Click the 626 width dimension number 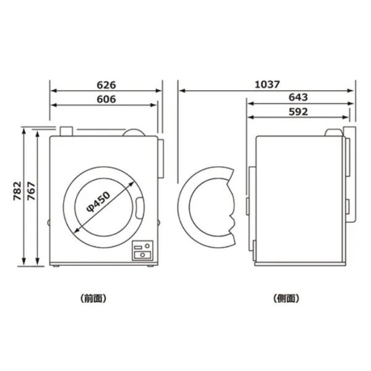[x=106, y=85]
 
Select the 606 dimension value [x=106, y=99]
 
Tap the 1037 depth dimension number [x=267, y=85]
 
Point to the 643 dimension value [x=298, y=97]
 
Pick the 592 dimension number [x=299, y=112]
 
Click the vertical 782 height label [x=17, y=191]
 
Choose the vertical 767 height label [x=31, y=191]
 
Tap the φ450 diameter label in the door [x=98, y=202]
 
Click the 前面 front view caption [x=93, y=299]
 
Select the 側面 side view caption [x=286, y=299]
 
